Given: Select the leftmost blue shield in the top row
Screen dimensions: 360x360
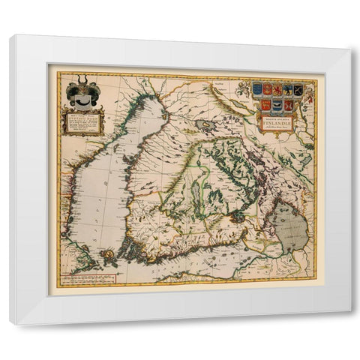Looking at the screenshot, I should (258, 88).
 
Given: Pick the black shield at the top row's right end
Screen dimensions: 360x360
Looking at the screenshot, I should (298, 89).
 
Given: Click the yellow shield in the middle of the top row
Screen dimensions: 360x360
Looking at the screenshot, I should (277, 89).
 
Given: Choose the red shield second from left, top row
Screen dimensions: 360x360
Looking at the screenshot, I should (268, 89).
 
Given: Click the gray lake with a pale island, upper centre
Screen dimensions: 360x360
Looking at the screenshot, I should (204, 126).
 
